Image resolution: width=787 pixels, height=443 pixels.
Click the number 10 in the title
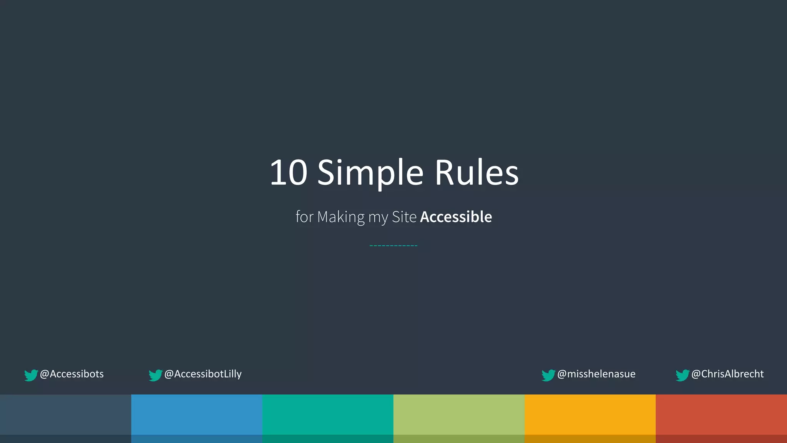(289, 173)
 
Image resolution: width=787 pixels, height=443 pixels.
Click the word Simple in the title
(370, 173)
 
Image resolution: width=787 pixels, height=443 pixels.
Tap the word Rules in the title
(477, 173)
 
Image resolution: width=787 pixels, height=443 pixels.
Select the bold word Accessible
(456, 217)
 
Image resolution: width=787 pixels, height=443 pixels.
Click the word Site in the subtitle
(404, 217)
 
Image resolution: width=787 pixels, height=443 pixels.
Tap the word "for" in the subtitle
(304, 217)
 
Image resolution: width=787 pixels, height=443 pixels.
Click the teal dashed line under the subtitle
(393, 245)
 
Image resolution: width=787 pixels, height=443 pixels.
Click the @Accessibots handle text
(72, 374)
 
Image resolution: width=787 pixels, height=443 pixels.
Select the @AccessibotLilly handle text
(203, 374)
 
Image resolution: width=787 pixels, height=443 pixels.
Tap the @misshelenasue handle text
(596, 374)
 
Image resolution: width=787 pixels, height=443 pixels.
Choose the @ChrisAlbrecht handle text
(727, 374)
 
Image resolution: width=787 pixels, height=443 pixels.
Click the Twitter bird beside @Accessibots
(31, 375)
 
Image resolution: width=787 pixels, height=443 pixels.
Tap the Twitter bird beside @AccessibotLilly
(155, 375)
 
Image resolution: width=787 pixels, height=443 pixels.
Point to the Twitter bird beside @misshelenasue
(548, 375)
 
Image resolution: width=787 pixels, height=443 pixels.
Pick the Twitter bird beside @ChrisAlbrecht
(682, 375)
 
